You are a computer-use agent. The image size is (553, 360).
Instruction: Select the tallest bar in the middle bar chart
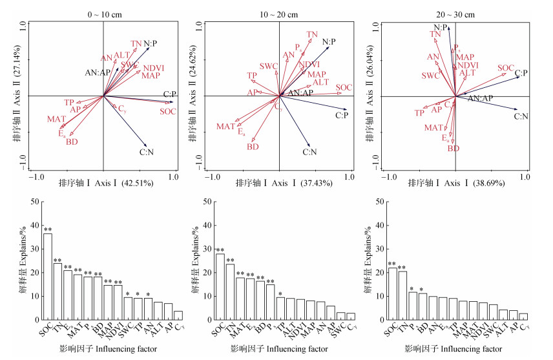pos(220,287)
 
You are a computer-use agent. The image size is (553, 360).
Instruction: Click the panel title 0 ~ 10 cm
pos(103,14)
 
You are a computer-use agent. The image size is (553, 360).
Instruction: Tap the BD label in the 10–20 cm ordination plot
pos(253,147)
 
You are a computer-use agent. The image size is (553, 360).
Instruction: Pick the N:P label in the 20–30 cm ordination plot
pos(441,26)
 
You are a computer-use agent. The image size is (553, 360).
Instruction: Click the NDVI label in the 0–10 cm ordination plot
pos(152,68)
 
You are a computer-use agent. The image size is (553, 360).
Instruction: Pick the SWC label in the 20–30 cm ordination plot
pos(431,76)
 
